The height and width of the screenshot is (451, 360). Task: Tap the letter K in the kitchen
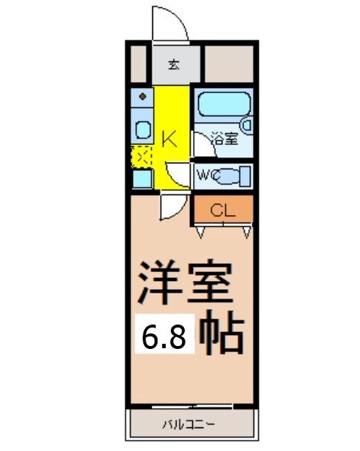168,138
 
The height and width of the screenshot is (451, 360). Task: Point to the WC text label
206,175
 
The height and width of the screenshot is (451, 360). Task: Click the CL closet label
223,210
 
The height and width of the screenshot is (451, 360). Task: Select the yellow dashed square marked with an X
141,156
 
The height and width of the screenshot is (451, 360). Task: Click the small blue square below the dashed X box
141,178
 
